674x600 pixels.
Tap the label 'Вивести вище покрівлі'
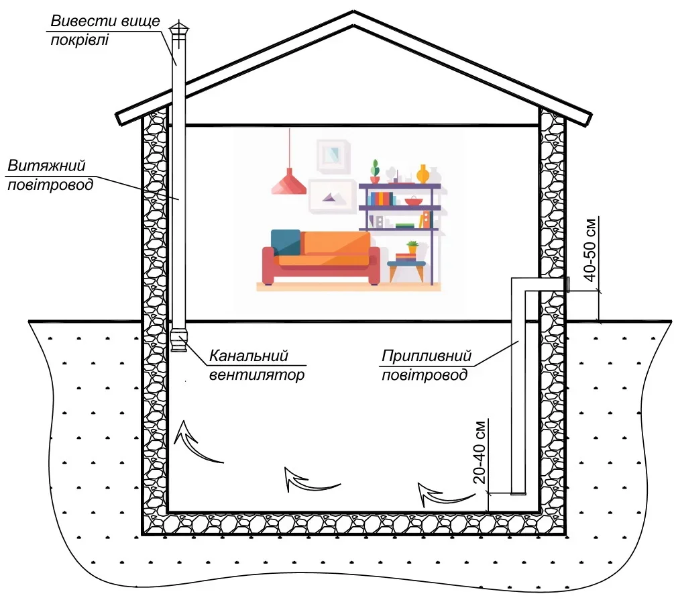(x=105, y=30)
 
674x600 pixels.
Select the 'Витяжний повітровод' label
(x=50, y=175)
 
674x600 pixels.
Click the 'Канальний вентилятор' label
(x=257, y=365)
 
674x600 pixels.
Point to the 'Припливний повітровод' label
(x=427, y=365)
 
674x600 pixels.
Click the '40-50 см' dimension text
(x=591, y=250)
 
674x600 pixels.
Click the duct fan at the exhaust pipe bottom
(x=179, y=340)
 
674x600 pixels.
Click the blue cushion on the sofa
(x=286, y=242)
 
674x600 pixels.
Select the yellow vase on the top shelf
(x=423, y=174)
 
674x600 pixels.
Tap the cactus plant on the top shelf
(x=376, y=171)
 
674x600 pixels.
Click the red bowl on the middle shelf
(x=414, y=201)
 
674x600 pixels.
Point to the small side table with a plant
(x=406, y=266)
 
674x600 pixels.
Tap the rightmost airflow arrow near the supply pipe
(x=443, y=496)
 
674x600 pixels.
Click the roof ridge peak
(x=353, y=11)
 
